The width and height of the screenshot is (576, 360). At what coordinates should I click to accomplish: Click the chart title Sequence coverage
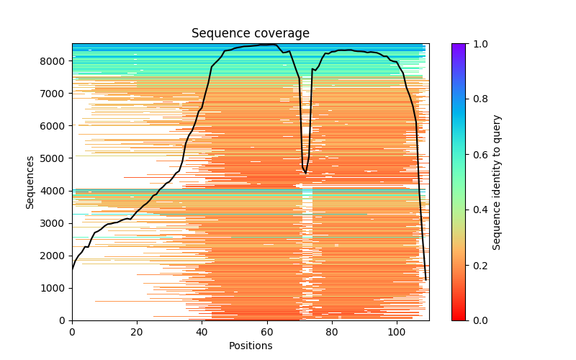click(250, 33)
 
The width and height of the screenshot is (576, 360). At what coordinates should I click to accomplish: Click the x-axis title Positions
click(250, 346)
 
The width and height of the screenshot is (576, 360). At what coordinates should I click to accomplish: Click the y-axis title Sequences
click(30, 181)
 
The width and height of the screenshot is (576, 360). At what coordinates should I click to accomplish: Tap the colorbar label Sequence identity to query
click(497, 181)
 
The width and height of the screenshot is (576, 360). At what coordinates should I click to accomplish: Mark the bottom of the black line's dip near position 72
click(305, 174)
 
